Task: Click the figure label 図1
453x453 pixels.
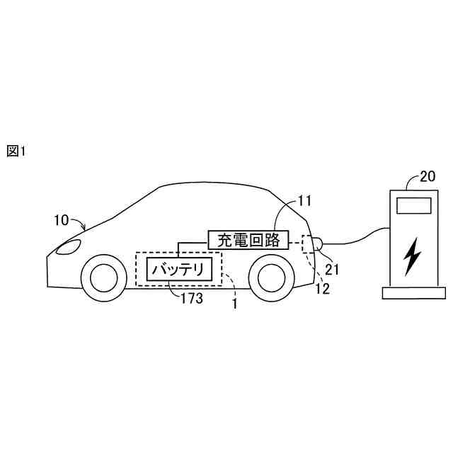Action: [16, 151]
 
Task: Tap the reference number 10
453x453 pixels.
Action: [62, 220]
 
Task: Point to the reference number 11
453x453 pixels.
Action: [304, 201]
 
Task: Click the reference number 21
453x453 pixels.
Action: [332, 268]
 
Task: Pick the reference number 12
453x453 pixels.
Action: [322, 287]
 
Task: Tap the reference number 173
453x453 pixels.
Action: [192, 299]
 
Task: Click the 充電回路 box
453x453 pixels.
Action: [248, 240]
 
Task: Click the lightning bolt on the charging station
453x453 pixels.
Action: [411, 257]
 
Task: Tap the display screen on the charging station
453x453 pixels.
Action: [413, 206]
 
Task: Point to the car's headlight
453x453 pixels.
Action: [68, 248]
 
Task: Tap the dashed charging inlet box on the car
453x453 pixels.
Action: [307, 243]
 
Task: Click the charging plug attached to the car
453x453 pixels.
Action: [318, 244]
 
